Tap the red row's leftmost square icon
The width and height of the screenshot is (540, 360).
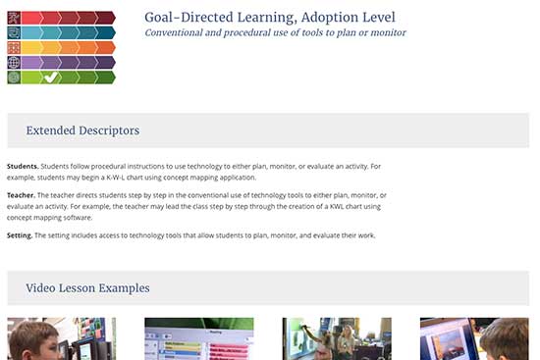[14, 17]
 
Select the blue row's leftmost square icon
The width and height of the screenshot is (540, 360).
[14, 31]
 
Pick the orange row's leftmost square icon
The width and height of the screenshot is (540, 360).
[14, 47]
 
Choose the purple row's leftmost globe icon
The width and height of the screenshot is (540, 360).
[14, 62]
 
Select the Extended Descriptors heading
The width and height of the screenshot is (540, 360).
[82, 130]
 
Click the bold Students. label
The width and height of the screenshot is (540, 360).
[23, 167]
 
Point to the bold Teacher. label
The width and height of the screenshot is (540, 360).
[22, 195]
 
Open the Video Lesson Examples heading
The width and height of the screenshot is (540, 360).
[87, 287]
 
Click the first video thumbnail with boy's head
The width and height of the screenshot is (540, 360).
[60, 338]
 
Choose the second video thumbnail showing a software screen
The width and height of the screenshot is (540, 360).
[198, 338]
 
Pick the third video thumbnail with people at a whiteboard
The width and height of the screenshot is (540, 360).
[337, 338]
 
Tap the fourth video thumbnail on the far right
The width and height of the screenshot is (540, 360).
[474, 338]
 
